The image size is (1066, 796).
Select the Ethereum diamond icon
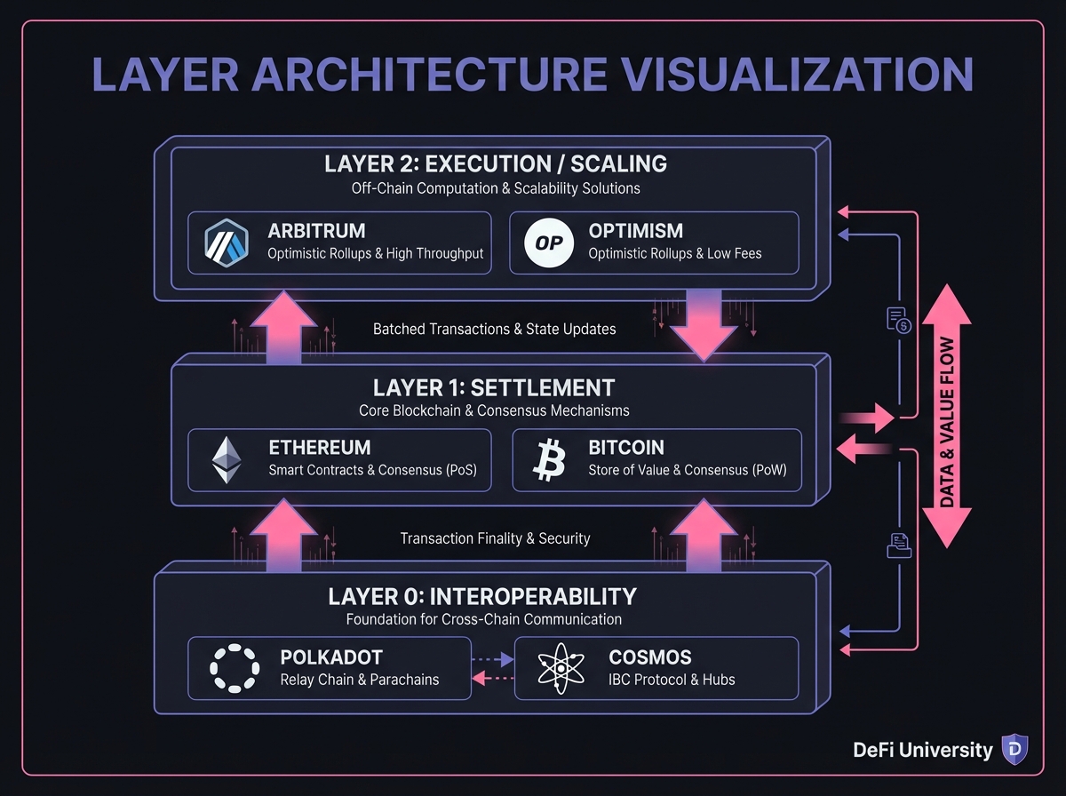tap(227, 459)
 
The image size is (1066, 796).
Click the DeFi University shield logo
tap(1014, 750)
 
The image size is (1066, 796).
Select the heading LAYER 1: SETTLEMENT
tap(494, 388)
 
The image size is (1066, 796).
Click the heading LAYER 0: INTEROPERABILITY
tap(482, 596)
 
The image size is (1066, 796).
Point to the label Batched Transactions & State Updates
tap(494, 329)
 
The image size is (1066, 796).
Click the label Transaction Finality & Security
tap(495, 538)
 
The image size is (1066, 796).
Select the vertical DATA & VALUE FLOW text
tap(946, 422)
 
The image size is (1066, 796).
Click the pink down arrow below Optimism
tap(702, 324)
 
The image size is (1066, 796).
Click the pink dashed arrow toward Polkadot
tap(490, 678)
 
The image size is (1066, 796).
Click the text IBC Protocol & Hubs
tap(672, 680)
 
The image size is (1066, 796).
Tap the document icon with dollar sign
tap(899, 320)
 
